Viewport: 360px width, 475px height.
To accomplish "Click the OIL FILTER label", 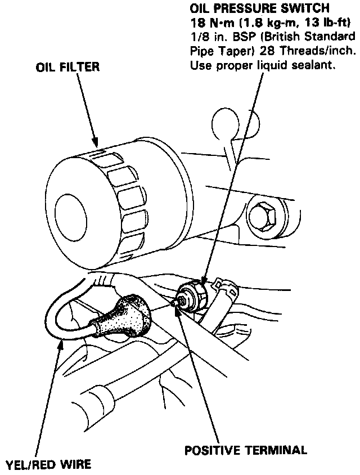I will [67, 68].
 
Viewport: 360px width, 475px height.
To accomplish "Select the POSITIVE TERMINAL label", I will [246, 450].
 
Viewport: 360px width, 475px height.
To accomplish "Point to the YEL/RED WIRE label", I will [48, 465].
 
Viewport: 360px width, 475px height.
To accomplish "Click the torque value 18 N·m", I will [209, 23].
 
